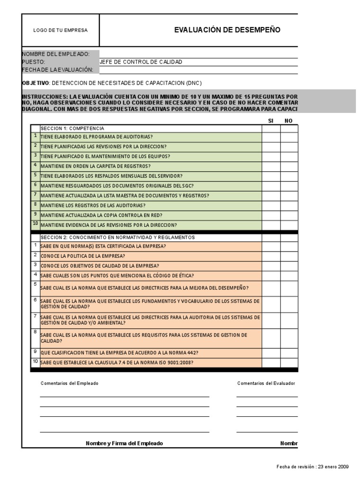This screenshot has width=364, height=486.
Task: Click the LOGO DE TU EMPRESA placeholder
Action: pos(60,30)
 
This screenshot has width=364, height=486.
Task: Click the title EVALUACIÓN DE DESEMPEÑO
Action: pos(227,30)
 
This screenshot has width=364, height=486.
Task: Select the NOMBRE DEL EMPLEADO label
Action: pos(56,54)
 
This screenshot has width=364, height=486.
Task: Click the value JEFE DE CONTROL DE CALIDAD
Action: pos(141,62)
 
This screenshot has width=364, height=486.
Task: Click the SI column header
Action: pos(271,121)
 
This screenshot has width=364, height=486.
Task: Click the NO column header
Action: pos(288,121)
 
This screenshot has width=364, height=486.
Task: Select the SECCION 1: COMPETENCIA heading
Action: pos(73,128)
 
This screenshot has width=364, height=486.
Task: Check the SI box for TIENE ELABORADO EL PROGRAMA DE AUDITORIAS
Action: pos(271,137)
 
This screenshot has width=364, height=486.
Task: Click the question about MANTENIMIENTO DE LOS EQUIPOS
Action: pos(105,156)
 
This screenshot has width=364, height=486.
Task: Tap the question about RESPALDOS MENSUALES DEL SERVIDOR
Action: pos(111,176)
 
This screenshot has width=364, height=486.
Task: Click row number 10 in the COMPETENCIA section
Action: pos(35,224)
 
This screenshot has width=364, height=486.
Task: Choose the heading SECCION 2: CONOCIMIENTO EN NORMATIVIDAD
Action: pos(118,237)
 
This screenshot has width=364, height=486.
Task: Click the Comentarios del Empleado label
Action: pos(70,383)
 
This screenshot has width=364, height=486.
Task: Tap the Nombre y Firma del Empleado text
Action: pos(124,443)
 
